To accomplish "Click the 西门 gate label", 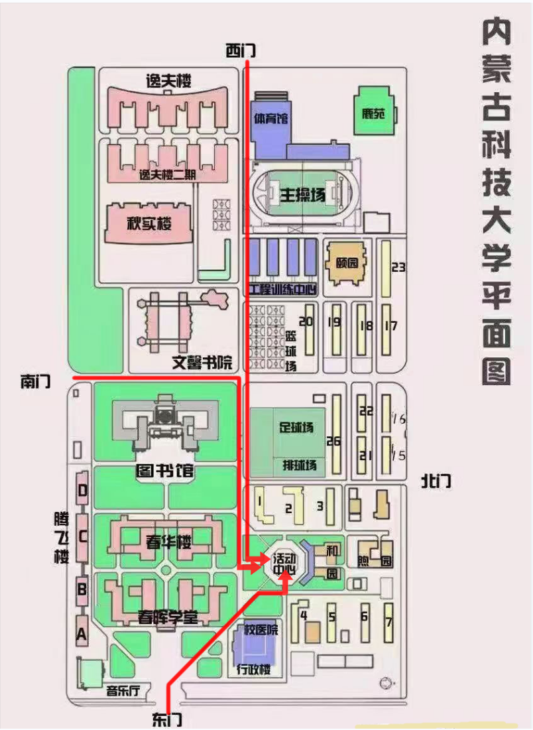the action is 240,51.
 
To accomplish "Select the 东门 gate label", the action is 166,719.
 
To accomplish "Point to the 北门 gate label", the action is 436,481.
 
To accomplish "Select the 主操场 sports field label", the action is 302,195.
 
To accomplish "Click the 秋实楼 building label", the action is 149,223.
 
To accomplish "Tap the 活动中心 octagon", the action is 284,564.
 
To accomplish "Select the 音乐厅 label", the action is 123,690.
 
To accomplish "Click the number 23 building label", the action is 398,268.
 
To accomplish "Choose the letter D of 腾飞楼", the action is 83,491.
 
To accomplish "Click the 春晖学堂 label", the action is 168,618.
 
